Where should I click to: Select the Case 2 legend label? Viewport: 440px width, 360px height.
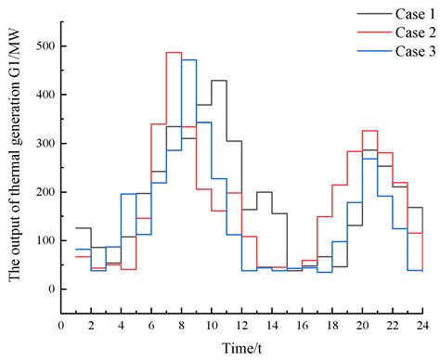point(408,32)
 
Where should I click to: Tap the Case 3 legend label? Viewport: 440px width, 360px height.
point(408,52)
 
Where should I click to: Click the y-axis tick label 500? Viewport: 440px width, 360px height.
point(44,46)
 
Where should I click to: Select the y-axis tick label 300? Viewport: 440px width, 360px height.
point(44,143)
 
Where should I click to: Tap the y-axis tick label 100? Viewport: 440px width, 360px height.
point(44,240)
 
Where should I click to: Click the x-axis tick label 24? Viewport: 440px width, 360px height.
point(422,325)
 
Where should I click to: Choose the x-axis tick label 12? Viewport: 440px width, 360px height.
point(241,325)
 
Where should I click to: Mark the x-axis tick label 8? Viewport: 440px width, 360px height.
point(181,325)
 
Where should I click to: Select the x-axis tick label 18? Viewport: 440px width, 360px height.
point(332,325)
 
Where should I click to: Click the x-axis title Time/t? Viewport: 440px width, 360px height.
point(241,347)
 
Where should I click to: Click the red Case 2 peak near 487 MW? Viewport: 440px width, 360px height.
point(174,53)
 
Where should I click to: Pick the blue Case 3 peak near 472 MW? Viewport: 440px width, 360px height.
point(188,59)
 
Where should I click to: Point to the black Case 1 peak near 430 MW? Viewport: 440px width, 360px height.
point(219,81)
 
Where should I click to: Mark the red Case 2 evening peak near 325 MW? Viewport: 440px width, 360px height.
point(369,131)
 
